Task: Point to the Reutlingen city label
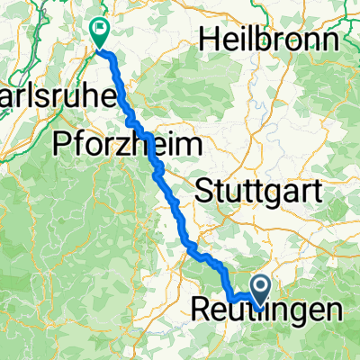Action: (267, 310)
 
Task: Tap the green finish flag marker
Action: (99, 32)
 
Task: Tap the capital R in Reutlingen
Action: (201, 310)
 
